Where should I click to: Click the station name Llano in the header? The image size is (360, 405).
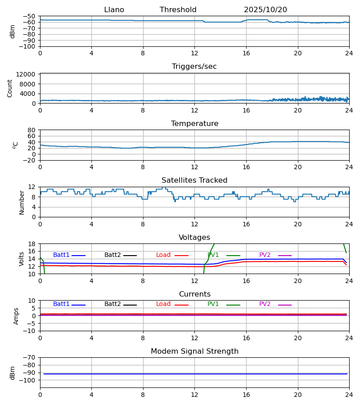point(114,10)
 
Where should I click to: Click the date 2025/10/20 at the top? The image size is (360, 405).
point(265,10)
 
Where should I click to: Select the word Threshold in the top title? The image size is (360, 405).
point(178,10)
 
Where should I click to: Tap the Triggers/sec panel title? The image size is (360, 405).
point(194,67)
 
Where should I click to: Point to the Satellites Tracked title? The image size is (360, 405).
point(194,180)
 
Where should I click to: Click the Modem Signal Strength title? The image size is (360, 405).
point(194,351)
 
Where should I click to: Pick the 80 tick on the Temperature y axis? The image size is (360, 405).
point(32,130)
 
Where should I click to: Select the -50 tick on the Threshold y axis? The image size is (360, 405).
point(29,16)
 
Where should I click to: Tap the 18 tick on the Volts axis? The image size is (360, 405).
point(32,244)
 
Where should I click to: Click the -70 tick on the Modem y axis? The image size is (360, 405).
point(29,358)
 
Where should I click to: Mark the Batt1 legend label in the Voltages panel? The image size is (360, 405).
point(61,255)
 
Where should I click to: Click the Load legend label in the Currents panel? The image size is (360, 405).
point(163,304)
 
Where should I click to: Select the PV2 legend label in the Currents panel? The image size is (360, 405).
point(265,304)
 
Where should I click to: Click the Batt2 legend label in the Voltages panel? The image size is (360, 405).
point(112,255)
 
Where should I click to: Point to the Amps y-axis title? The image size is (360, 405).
point(17,316)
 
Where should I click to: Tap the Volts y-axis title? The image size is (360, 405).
point(22,259)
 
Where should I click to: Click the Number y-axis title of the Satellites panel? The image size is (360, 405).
point(22,202)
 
